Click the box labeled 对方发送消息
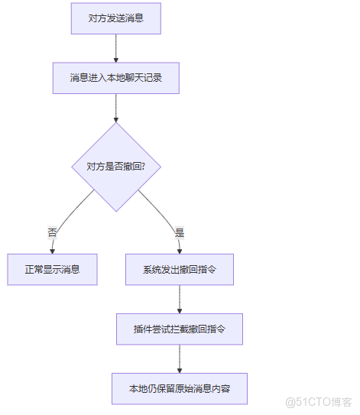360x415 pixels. coord(116,18)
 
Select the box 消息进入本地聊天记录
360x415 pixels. coord(116,78)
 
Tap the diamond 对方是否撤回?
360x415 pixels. coord(116,167)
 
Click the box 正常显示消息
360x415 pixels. coord(53,270)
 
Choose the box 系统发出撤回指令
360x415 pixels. coord(180,270)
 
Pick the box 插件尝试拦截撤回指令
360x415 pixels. coord(180,329)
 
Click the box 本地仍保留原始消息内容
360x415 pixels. coord(180,388)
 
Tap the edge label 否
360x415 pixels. coord(53,233)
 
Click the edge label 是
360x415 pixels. coord(180,233)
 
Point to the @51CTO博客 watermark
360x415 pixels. coord(319,402)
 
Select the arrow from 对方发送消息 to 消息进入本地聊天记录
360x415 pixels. coord(116,48)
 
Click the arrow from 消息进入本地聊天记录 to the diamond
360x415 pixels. coord(116,108)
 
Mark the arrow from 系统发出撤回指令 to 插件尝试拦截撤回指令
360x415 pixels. coord(180,300)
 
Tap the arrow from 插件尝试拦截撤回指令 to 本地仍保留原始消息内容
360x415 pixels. coord(180,359)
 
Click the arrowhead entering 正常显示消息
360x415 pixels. coord(53,251)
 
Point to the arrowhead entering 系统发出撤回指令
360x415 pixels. coord(180,251)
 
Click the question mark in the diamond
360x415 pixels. coord(144,167)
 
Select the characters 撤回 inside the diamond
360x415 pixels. coord(132,167)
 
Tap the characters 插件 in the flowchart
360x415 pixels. coord(143,329)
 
